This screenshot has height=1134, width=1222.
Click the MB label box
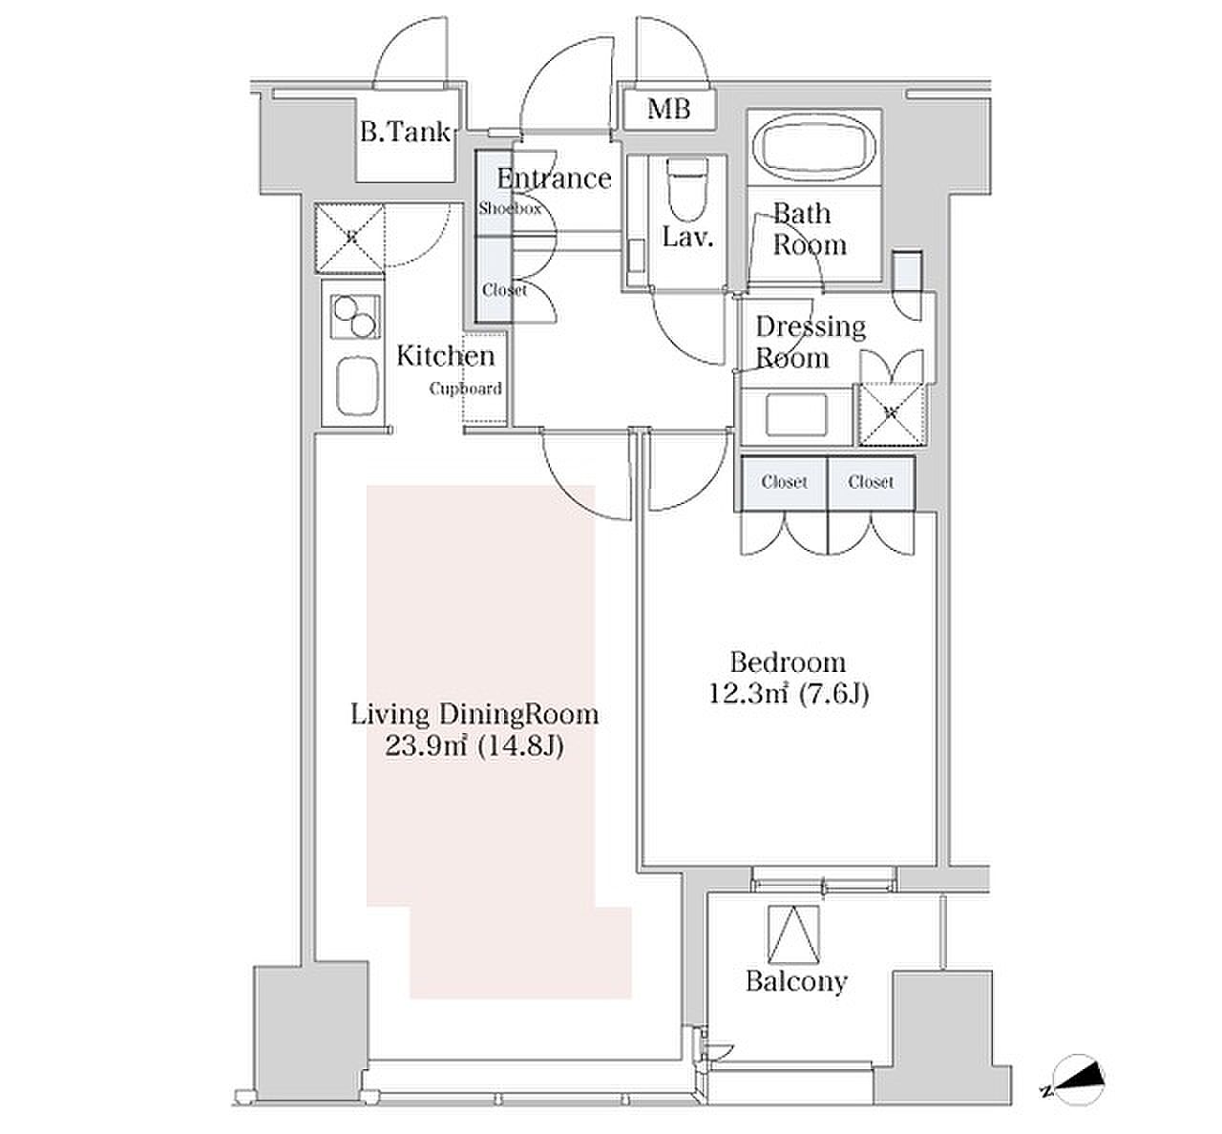[669, 110]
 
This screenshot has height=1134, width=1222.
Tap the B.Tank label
[406, 132]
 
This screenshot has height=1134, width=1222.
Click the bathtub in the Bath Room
[813, 146]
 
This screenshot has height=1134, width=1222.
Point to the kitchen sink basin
[357, 387]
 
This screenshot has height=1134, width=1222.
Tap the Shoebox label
[510, 209]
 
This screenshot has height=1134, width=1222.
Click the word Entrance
[554, 178]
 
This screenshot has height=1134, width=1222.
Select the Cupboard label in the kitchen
[466, 388]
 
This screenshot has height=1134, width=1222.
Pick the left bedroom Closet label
[784, 482]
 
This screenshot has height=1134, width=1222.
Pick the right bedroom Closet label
[871, 482]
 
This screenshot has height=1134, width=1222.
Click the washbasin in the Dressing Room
[796, 415]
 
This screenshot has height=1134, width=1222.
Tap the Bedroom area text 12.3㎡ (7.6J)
[789, 695]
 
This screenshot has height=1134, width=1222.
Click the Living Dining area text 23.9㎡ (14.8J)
[474, 747]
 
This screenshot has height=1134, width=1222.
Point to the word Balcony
[796, 981]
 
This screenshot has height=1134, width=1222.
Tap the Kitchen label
[446, 356]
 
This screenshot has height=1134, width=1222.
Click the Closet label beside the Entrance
[504, 290]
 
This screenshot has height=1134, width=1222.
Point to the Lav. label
[688, 238]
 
